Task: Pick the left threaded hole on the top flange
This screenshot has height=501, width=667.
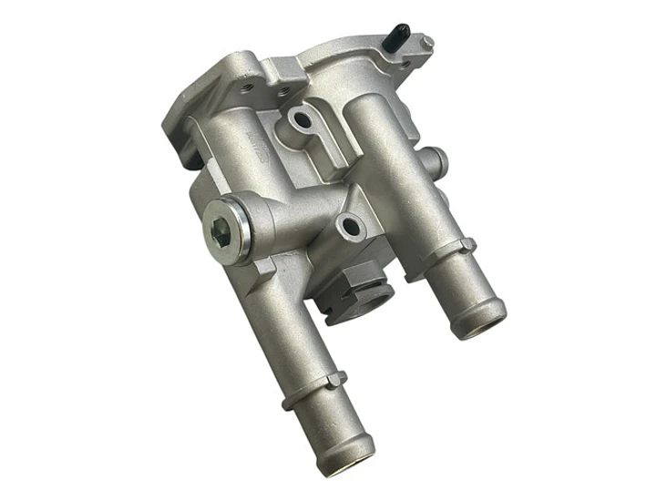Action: coord(249,87)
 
